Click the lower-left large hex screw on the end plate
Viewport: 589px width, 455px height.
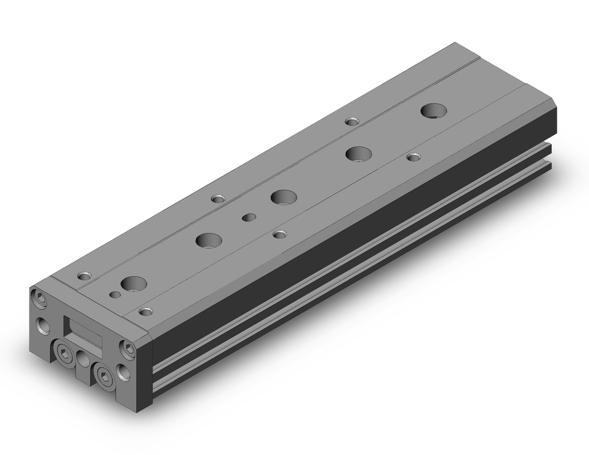(x=64, y=354)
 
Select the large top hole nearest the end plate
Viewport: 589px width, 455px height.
(x=134, y=283)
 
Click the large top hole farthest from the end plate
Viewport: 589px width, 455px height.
(x=434, y=110)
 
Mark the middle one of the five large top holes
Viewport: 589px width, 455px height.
(x=283, y=197)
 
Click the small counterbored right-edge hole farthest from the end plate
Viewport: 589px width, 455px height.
(x=414, y=157)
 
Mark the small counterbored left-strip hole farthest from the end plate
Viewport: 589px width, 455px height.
(x=352, y=122)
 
